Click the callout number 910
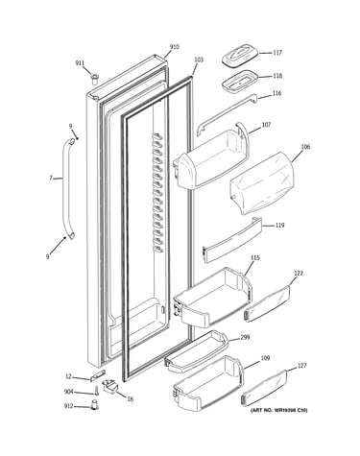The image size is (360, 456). (x=174, y=47)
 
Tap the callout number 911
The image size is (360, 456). (x=80, y=63)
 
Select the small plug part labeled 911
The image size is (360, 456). (x=95, y=79)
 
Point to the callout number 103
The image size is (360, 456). (x=199, y=60)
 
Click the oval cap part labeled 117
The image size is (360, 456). (x=240, y=56)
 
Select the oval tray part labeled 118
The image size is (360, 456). (x=240, y=82)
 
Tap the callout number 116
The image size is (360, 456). (x=277, y=93)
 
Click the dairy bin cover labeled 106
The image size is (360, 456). (x=263, y=183)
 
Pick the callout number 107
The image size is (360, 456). (x=266, y=125)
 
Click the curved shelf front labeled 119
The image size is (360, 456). (x=232, y=240)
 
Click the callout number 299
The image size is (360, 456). (x=246, y=337)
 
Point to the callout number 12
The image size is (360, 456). (x=68, y=376)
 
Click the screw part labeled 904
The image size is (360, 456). (x=96, y=390)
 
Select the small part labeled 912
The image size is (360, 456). (x=94, y=404)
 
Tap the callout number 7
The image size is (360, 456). (x=51, y=179)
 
